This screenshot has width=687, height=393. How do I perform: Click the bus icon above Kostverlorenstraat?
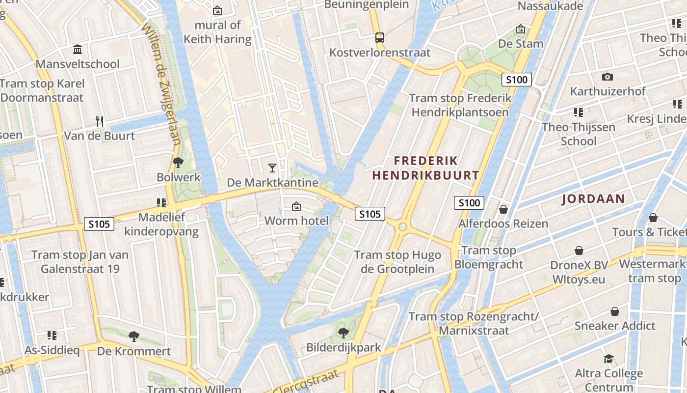point(379,37)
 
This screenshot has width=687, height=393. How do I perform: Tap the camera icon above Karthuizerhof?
point(608,77)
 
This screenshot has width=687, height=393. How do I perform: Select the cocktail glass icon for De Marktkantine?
point(272,168)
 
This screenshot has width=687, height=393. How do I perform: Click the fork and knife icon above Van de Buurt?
point(100,121)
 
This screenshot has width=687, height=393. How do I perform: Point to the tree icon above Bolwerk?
point(178,163)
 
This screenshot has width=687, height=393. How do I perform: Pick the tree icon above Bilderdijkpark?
point(343,333)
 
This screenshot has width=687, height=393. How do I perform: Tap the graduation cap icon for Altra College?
point(608,359)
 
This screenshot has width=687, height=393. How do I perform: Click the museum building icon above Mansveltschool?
point(78,50)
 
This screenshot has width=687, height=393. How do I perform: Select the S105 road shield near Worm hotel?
point(370,214)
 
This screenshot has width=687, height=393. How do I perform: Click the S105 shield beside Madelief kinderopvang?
point(99,224)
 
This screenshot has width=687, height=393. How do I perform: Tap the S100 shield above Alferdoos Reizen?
point(469,203)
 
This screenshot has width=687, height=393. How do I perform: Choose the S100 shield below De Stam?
point(517,80)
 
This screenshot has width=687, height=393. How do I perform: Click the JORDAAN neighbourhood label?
point(593,199)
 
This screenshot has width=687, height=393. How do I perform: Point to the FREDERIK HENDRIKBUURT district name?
point(425,168)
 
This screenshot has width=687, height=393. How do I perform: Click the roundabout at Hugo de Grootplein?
point(403,226)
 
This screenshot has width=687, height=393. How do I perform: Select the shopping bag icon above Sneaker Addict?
point(614,311)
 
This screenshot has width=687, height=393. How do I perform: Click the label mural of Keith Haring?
point(217,32)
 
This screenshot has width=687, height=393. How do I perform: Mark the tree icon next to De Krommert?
point(133,337)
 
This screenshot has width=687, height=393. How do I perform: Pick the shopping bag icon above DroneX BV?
point(579,251)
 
